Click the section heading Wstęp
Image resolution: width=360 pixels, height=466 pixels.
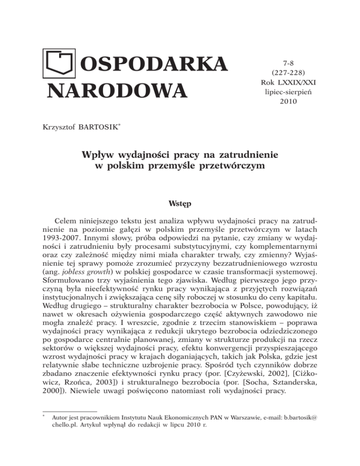pyautogui.click(x=180, y=204)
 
